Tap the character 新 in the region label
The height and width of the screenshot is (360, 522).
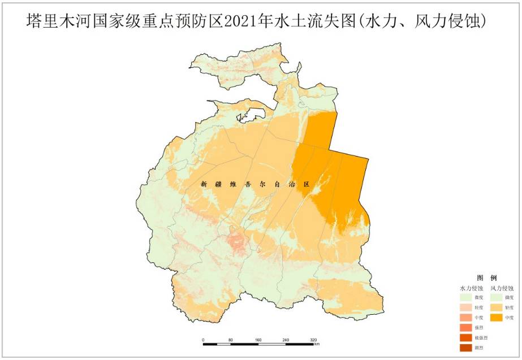pos(204,184)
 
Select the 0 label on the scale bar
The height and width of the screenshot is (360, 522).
pos(203,340)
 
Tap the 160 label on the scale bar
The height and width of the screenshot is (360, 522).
pos(258,340)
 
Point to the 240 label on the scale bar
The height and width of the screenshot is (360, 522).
pos(286,340)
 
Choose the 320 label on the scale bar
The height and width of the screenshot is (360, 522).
pos(313,340)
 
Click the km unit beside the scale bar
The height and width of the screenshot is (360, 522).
pos(317,344)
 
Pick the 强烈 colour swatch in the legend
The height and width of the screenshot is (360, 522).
pos(467,328)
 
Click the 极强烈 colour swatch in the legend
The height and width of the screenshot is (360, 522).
pos(467,337)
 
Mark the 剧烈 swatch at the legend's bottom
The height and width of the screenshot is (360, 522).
pos(467,348)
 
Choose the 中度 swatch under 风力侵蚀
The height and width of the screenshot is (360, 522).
pos(497,318)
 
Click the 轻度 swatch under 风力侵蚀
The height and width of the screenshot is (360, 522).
pos(497,307)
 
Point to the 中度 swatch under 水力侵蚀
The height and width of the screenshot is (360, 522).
pos(467,318)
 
